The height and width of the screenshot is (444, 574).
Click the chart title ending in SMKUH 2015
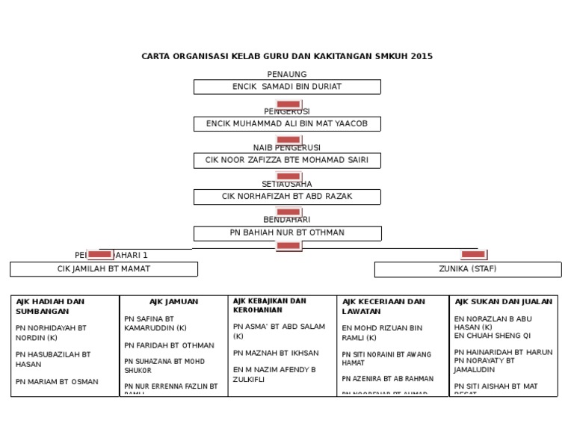[287, 56]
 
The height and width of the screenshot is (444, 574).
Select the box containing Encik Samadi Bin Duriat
[287, 87]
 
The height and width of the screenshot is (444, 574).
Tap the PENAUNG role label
[287, 74]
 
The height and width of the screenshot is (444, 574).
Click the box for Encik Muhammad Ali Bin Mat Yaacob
[287, 123]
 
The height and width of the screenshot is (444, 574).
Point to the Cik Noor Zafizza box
[287, 160]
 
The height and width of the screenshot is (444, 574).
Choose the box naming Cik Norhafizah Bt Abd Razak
[287, 197]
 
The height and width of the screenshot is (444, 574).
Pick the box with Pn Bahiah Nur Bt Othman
[287, 233]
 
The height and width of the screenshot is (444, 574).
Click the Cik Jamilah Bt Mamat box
[104, 269]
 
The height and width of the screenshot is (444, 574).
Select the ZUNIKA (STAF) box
[468, 269]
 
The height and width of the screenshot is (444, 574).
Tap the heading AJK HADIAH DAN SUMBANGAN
[50, 306]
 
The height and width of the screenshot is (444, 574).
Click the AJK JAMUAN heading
[173, 302]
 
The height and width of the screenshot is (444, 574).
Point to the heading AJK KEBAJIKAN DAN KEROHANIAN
[270, 305]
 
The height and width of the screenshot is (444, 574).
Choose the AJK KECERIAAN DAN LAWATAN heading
[384, 306]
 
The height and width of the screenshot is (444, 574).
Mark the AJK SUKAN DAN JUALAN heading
[503, 302]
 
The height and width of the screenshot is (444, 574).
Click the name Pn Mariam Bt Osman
[57, 382]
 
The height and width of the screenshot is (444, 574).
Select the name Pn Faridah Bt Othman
[169, 345]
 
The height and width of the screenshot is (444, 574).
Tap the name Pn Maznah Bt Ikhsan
[276, 353]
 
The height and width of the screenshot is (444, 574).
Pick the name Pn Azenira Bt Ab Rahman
[387, 379]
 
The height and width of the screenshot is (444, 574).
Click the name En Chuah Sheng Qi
[493, 336]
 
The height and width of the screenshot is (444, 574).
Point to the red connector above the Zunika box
[473, 254]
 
